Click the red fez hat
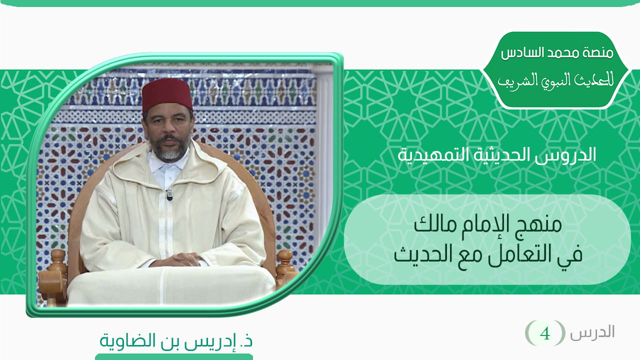(167, 95)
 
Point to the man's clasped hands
(174, 259)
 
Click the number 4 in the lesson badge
(544, 333)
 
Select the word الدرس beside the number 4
(592, 332)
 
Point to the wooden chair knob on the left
(58, 259)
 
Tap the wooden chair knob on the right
(285, 260)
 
